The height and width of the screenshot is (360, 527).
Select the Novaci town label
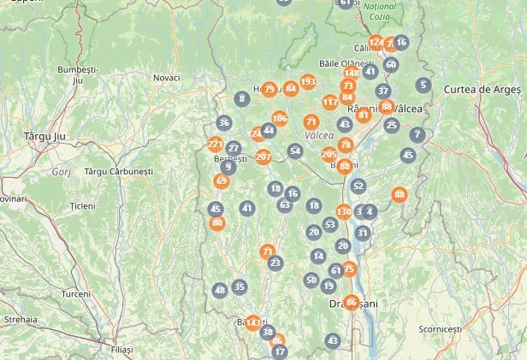tap(166, 78)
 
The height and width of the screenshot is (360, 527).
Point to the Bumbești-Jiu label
tap(78, 74)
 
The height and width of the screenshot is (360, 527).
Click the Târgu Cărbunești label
tap(118, 171)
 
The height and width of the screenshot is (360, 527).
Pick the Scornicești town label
tap(440, 329)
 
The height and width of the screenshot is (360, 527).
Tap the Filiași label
tap(122, 350)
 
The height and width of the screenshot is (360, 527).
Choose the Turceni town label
tap(75, 293)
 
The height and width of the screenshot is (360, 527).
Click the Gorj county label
tap(61, 171)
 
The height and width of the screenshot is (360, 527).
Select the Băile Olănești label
tap(346, 63)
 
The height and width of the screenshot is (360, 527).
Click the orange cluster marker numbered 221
tap(215, 144)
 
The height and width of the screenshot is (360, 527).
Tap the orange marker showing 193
tap(308, 82)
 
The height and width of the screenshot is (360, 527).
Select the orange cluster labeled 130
tap(344, 212)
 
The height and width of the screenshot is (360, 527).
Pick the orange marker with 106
tap(280, 118)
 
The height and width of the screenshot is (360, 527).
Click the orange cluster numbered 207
tap(263, 156)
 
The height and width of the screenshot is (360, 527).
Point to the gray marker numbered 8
tap(242, 98)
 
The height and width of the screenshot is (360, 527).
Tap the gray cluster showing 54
tap(295, 151)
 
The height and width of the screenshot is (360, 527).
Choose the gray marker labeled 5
tap(423, 85)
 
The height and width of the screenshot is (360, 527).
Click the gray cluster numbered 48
tap(220, 291)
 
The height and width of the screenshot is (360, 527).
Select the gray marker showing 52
tap(358, 186)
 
